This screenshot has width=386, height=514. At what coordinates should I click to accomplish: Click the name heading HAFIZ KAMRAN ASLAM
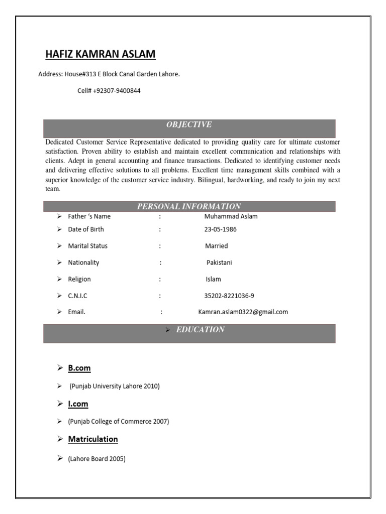tap(101, 54)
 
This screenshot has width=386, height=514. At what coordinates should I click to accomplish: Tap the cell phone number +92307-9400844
tap(109, 91)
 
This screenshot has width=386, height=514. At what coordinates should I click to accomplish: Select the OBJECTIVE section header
tap(189, 124)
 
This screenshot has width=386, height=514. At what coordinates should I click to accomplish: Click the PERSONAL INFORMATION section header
tap(189, 206)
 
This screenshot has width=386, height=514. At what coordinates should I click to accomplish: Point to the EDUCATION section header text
tap(200, 330)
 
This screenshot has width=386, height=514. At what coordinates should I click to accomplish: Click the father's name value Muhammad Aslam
tap(231, 216)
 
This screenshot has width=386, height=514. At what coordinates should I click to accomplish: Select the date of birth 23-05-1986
tap(220, 229)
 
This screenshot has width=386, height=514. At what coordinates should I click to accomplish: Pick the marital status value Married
tap(216, 246)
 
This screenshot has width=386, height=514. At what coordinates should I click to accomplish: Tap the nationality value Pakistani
tap(219, 263)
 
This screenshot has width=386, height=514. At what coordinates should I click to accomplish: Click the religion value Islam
tap(213, 279)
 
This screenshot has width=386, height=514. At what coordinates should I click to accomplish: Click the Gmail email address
tap(243, 312)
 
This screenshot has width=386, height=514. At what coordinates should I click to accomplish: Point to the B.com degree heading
tap(79, 368)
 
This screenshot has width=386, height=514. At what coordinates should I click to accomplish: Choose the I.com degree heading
tap(78, 404)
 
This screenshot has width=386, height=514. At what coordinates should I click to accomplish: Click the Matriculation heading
tap(93, 439)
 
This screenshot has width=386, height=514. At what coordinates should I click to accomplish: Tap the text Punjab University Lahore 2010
tap(115, 386)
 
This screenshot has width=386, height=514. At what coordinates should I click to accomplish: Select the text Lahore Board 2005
tap(96, 459)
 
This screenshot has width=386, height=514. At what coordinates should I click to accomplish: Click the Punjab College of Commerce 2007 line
tap(119, 422)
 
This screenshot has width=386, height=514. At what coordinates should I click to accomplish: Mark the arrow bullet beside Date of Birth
tap(60, 229)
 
